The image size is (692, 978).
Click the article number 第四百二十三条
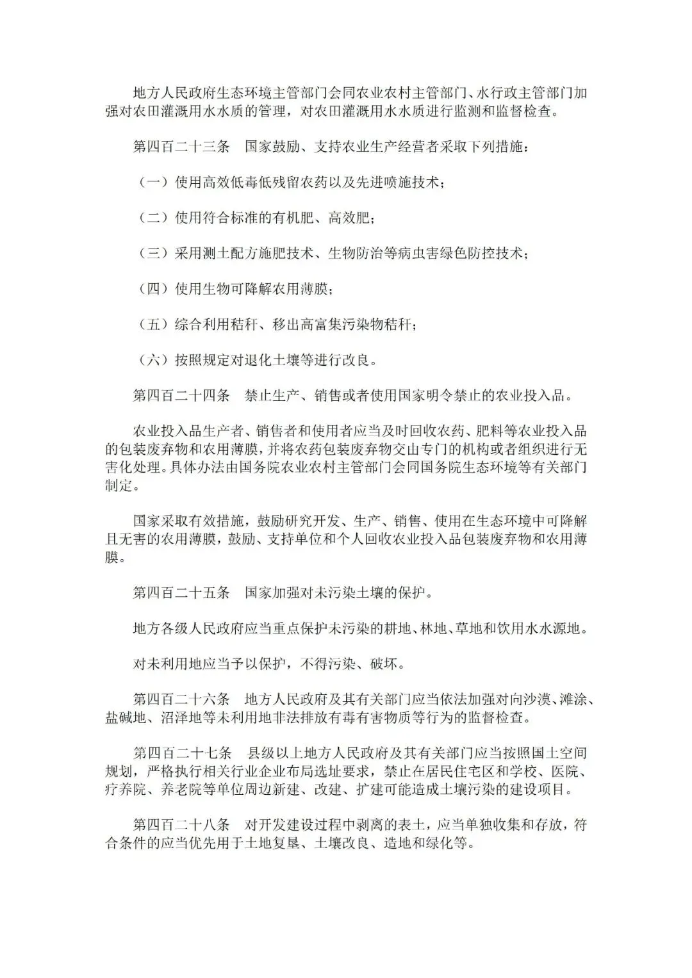[181, 147]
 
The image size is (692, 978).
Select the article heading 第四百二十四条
[181, 396]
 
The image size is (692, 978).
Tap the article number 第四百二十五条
[181, 592]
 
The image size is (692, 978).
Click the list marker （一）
[153, 183]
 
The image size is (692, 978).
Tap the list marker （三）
[153, 254]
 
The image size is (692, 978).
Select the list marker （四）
[153, 289]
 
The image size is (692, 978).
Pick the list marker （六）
[153, 360]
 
